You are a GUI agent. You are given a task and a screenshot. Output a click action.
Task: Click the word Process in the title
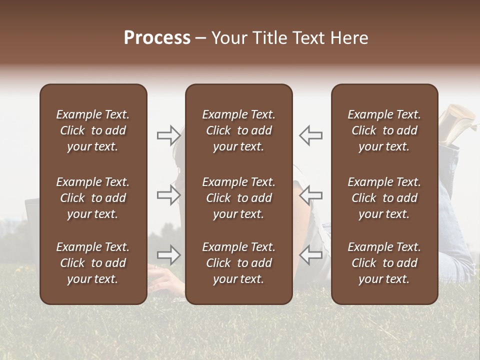(x=157, y=38)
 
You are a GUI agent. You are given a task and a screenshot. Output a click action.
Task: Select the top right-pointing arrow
(x=169, y=135)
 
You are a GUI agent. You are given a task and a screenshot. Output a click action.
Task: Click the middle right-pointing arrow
(x=169, y=195)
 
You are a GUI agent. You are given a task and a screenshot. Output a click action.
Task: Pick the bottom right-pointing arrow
(x=169, y=255)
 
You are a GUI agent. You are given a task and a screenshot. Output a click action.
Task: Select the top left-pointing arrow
(x=310, y=135)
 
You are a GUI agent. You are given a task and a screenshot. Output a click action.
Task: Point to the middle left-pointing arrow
(x=310, y=195)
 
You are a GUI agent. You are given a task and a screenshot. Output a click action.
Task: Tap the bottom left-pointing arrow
(x=310, y=255)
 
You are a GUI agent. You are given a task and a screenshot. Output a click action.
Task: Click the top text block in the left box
(x=93, y=130)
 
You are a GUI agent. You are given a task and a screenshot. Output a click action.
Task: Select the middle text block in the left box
(x=93, y=198)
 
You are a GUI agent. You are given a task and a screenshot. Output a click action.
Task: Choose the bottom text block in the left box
(x=93, y=263)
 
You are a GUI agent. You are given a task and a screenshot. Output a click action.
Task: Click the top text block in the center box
(x=238, y=130)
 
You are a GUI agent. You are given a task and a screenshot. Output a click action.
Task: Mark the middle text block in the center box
(x=238, y=198)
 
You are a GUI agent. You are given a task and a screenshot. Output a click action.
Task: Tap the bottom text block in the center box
(x=238, y=263)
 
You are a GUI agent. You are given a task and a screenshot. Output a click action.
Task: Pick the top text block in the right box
(x=384, y=130)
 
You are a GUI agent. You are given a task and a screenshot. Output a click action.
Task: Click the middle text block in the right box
(x=384, y=198)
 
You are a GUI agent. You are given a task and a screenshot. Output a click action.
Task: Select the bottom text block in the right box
(x=384, y=263)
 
